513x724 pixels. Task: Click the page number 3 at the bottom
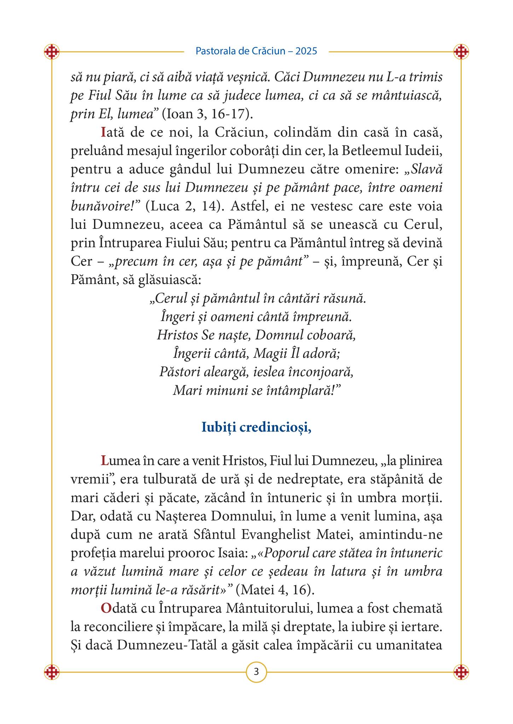tap(256, 671)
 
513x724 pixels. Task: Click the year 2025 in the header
tap(306, 51)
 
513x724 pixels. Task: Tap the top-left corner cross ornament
tap(52, 52)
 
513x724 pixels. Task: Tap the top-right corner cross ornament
tap(461, 52)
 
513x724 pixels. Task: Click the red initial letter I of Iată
tap(103, 132)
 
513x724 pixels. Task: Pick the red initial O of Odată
tap(106, 608)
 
